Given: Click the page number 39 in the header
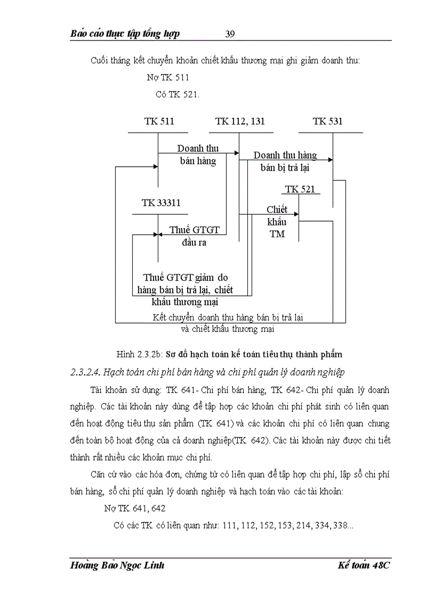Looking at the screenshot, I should click(230, 34).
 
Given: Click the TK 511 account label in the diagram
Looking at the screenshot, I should click(159, 121).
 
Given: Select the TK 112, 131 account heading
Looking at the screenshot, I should click(240, 121).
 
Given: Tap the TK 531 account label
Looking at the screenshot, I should click(328, 121).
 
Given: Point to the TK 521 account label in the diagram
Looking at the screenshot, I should click(300, 189).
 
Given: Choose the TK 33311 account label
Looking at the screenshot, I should click(158, 203).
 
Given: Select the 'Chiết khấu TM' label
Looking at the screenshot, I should click(277, 222).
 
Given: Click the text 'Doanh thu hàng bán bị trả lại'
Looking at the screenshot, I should click(285, 161).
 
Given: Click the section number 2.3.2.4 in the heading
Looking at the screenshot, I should click(85, 371).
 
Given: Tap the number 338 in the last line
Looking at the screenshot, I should click(340, 526).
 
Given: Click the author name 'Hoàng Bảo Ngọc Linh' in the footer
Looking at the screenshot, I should click(117, 566).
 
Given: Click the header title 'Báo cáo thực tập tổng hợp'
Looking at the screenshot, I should click(125, 34).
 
